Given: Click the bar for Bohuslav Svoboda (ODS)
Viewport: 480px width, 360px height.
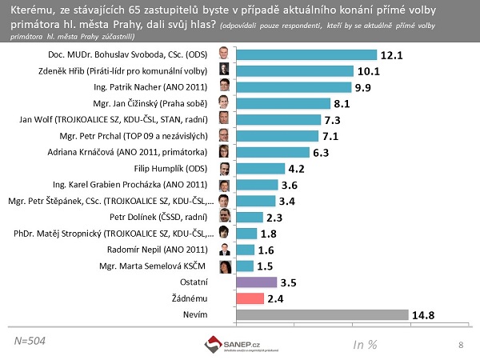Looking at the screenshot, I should point(306,55).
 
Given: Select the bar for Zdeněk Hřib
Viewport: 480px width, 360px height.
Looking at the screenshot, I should point(293,71).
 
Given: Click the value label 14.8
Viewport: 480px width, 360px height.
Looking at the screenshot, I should point(426,315).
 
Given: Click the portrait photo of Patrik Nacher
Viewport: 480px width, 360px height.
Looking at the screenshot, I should point(226,87).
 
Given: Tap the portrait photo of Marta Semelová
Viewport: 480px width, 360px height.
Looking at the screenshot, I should point(226,266).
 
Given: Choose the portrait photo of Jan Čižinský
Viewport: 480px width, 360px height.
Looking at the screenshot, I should point(226,104).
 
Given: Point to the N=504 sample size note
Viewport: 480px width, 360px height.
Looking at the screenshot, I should point(30,341).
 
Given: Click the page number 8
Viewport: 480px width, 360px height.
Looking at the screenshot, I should point(461,345).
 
